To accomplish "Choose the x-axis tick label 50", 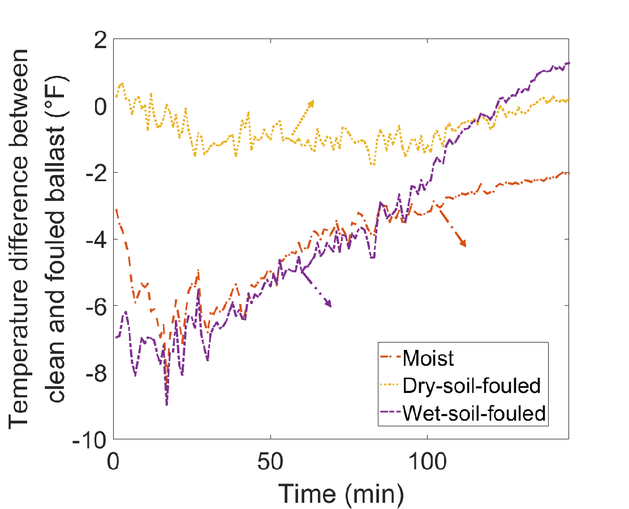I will tap(270, 457).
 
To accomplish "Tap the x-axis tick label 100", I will tap(427, 457).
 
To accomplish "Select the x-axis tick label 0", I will tap(114, 457).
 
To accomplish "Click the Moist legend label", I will tap(428, 358).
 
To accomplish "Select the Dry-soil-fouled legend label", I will tap(472, 386).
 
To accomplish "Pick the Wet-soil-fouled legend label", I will tap(474, 413).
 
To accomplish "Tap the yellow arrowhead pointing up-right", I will tap(311, 102).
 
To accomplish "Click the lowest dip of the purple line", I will tap(167, 404).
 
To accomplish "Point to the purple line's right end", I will tap(568, 63).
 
